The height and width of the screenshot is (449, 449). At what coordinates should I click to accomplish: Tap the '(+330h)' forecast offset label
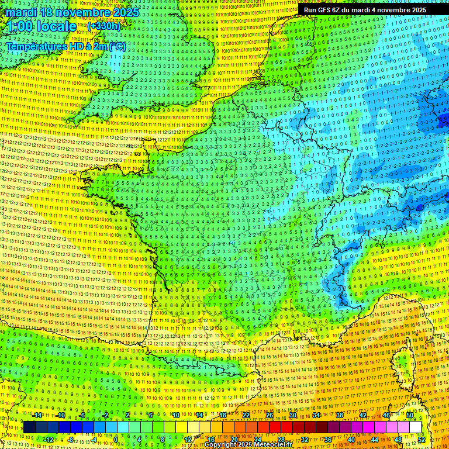pyautogui.click(x=103, y=26)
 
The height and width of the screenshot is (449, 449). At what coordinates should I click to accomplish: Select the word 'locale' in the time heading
pyautogui.click(x=56, y=26)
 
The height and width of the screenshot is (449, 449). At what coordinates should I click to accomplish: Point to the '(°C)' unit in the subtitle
pyautogui.click(x=116, y=46)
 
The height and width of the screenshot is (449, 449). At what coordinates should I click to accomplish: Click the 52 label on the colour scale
pyautogui.click(x=422, y=440)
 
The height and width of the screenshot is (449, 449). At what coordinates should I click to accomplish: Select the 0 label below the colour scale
pyautogui.click(x=116, y=440)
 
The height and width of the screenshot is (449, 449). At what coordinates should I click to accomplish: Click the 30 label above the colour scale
pyautogui.click(x=292, y=415)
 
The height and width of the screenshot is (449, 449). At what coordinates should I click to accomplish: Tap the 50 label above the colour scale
pyautogui.click(x=410, y=415)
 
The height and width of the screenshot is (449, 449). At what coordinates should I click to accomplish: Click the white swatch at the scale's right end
pyautogui.click(x=415, y=427)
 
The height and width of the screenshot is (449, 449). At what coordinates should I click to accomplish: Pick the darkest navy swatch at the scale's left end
pyautogui.click(x=29, y=427)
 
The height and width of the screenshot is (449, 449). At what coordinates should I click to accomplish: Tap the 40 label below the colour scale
pyautogui.click(x=351, y=440)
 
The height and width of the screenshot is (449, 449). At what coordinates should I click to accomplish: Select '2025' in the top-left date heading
pyautogui.click(x=125, y=12)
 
